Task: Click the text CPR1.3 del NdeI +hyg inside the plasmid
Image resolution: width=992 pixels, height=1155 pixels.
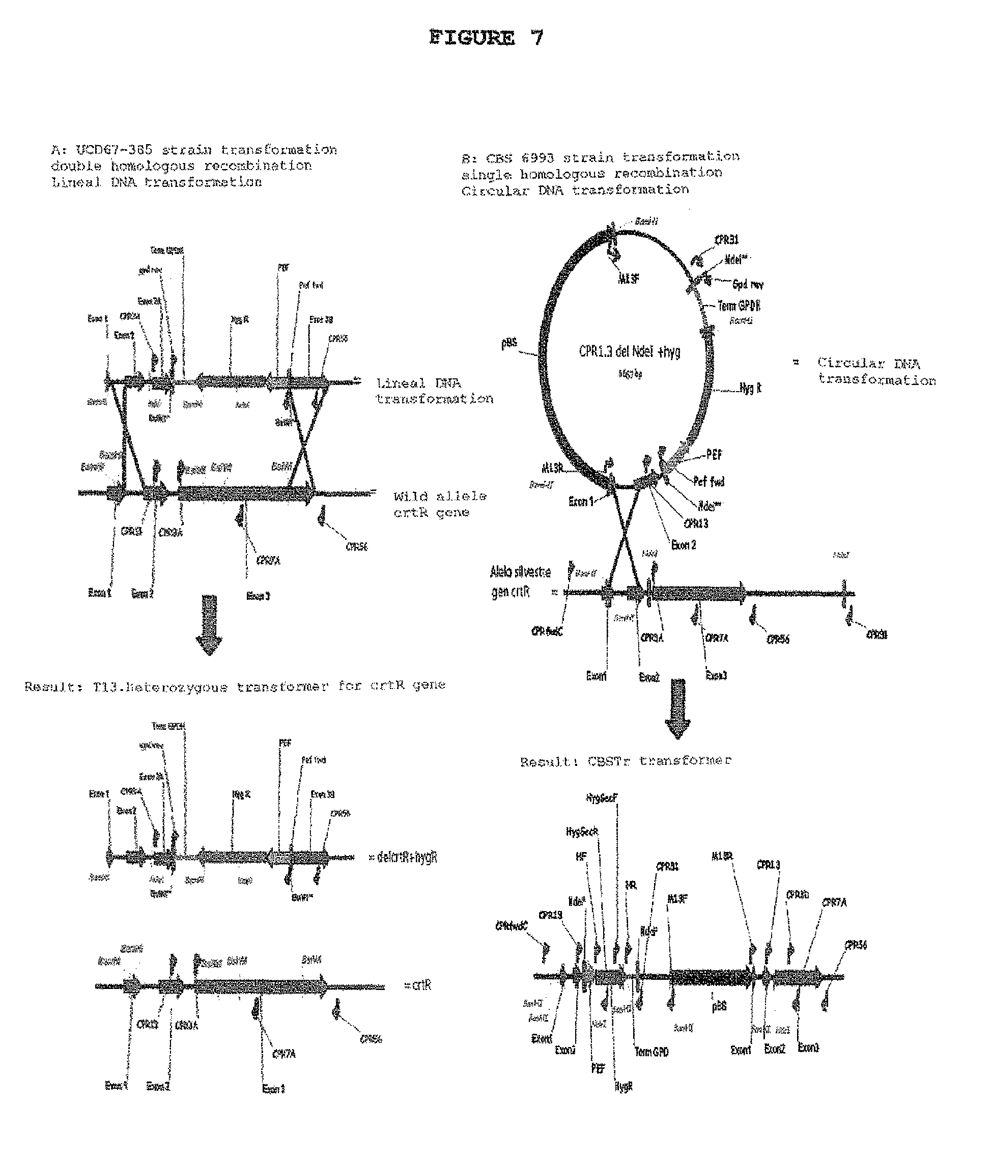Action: pyautogui.click(x=630, y=352)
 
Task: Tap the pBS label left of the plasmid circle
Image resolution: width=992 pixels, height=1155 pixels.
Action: pyautogui.click(x=509, y=343)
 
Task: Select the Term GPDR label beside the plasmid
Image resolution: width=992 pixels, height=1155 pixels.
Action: pyautogui.click(x=739, y=306)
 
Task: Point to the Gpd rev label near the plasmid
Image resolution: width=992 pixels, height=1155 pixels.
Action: pyautogui.click(x=748, y=284)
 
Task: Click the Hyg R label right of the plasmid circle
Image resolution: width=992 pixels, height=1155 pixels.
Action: pyautogui.click(x=750, y=389)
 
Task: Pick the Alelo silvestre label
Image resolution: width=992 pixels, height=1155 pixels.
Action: pyautogui.click(x=520, y=572)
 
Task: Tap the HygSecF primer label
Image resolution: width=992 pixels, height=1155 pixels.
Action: pyautogui.click(x=602, y=798)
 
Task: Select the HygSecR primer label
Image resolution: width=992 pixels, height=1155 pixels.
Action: pyautogui.click(x=582, y=832)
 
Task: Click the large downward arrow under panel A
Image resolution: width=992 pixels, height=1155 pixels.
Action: pyautogui.click(x=209, y=624)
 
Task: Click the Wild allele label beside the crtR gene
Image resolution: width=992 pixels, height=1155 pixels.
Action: pyautogui.click(x=439, y=496)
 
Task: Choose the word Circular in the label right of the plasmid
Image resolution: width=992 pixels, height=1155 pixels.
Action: pyautogui.click(x=840, y=363)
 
